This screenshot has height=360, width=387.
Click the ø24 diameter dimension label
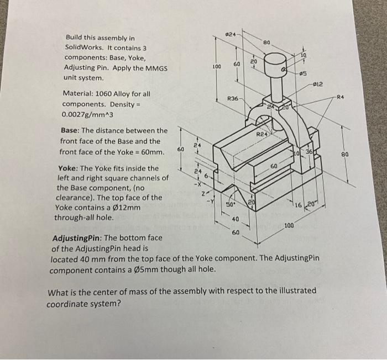(233, 35)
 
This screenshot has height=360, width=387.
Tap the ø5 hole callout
(302, 75)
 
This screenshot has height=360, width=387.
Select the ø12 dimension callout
(318, 84)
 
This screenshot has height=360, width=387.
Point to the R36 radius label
(233, 98)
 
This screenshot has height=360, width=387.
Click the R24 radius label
(262, 134)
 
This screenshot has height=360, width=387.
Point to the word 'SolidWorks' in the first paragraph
(83, 47)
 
